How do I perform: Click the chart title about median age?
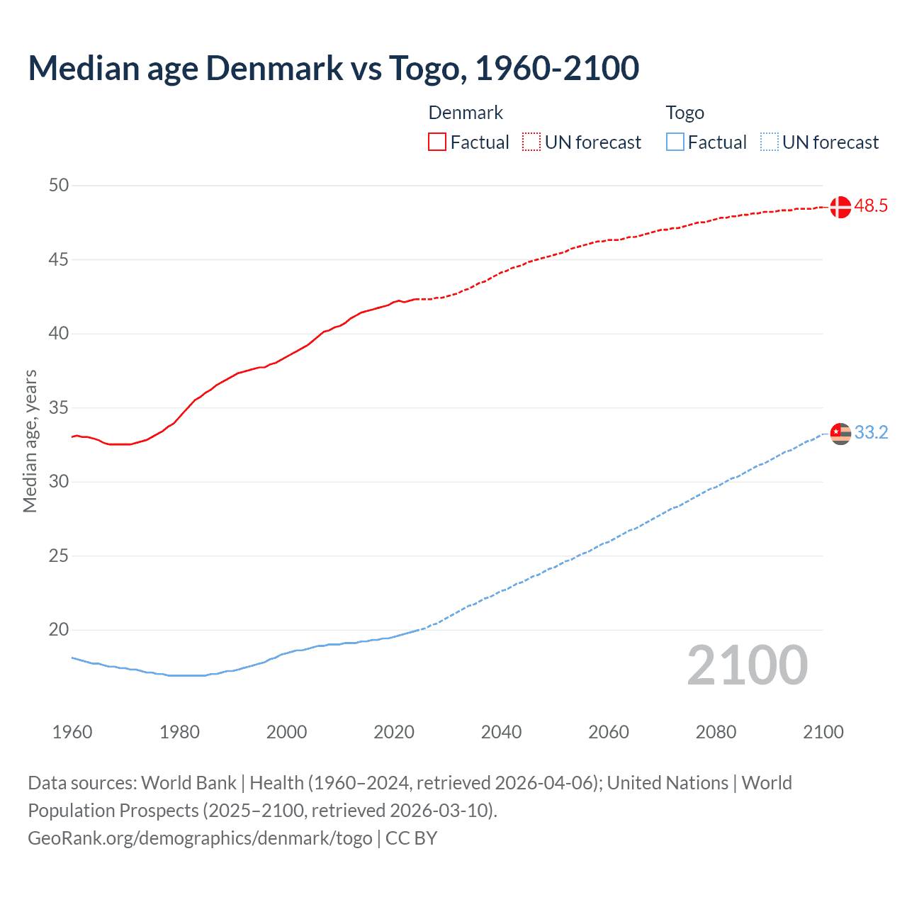click(x=333, y=68)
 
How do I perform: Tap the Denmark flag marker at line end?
click(x=840, y=207)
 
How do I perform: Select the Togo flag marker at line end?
click(x=840, y=433)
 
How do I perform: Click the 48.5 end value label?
click(x=871, y=206)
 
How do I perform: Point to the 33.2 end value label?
click(x=871, y=432)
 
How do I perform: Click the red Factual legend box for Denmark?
click(x=437, y=142)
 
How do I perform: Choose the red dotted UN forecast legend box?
click(x=531, y=142)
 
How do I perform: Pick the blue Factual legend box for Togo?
click(x=675, y=142)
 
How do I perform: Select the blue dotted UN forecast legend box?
click(x=769, y=142)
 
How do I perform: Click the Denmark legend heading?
click(x=466, y=113)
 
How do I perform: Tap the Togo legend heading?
click(x=685, y=113)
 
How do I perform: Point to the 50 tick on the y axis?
click(x=59, y=186)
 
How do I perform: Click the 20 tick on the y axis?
click(x=59, y=630)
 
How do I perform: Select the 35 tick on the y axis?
click(x=59, y=408)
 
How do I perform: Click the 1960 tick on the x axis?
click(x=72, y=732)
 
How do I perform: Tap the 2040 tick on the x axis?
click(x=501, y=732)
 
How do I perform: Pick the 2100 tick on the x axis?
click(x=823, y=732)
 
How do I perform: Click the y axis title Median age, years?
click(x=30, y=441)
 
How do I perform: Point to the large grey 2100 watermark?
click(x=747, y=665)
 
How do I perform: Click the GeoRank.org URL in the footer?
click(x=200, y=838)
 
